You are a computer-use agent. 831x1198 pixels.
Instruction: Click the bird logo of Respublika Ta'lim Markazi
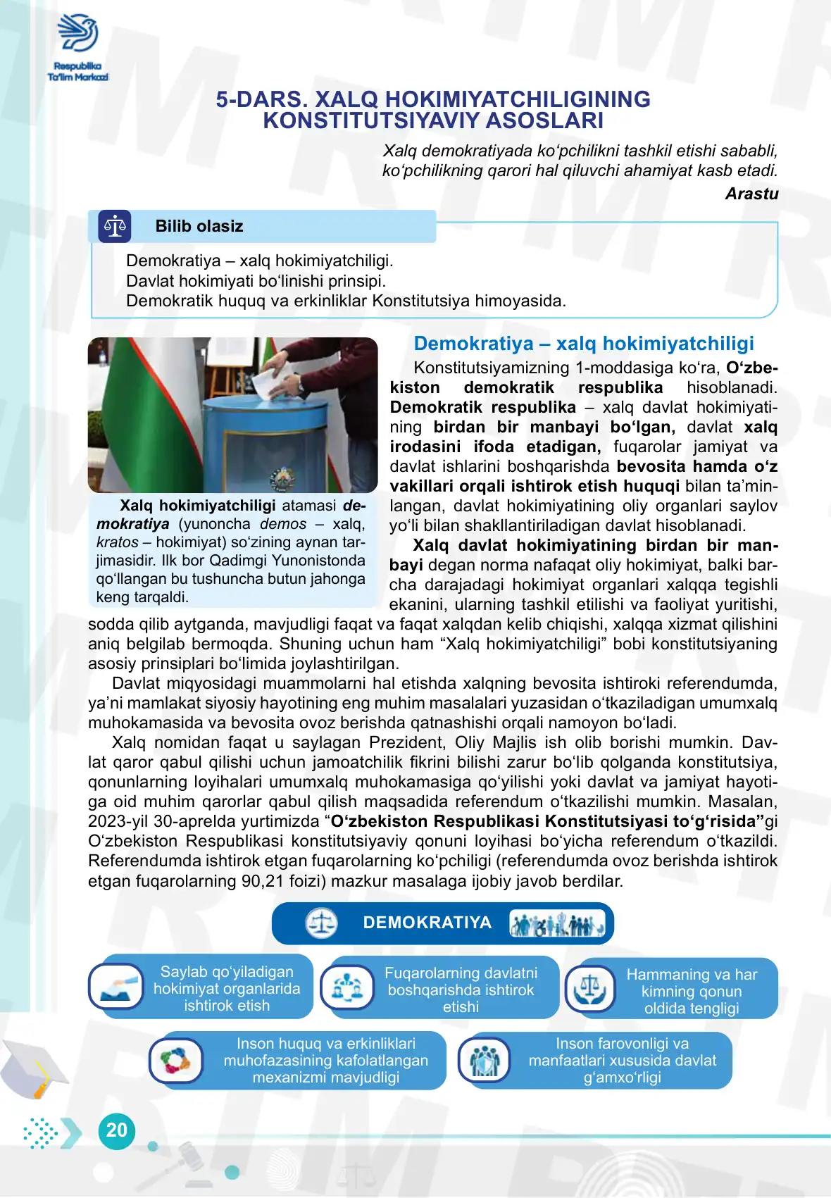click(x=77, y=33)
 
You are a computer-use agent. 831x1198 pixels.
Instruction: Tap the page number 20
click(x=116, y=1130)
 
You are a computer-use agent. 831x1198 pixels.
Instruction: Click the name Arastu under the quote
click(x=751, y=194)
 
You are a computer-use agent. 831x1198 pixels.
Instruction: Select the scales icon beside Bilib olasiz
click(x=115, y=227)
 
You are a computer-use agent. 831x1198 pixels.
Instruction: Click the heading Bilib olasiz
click(x=199, y=227)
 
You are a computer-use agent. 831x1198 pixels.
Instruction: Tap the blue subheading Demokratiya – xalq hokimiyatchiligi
click(x=583, y=344)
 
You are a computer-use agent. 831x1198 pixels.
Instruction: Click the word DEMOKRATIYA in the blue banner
click(x=427, y=923)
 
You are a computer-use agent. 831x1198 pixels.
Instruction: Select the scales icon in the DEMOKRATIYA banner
click(x=322, y=923)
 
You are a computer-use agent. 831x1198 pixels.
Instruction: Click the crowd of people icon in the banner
click(x=556, y=923)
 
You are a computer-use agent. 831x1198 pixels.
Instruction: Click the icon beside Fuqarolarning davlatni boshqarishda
click(x=347, y=987)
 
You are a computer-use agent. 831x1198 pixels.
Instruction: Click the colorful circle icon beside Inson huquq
click(x=176, y=1060)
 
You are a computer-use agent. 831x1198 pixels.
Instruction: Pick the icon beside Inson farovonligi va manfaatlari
click(x=485, y=1060)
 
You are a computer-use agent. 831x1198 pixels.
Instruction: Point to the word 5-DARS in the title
click(x=261, y=100)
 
